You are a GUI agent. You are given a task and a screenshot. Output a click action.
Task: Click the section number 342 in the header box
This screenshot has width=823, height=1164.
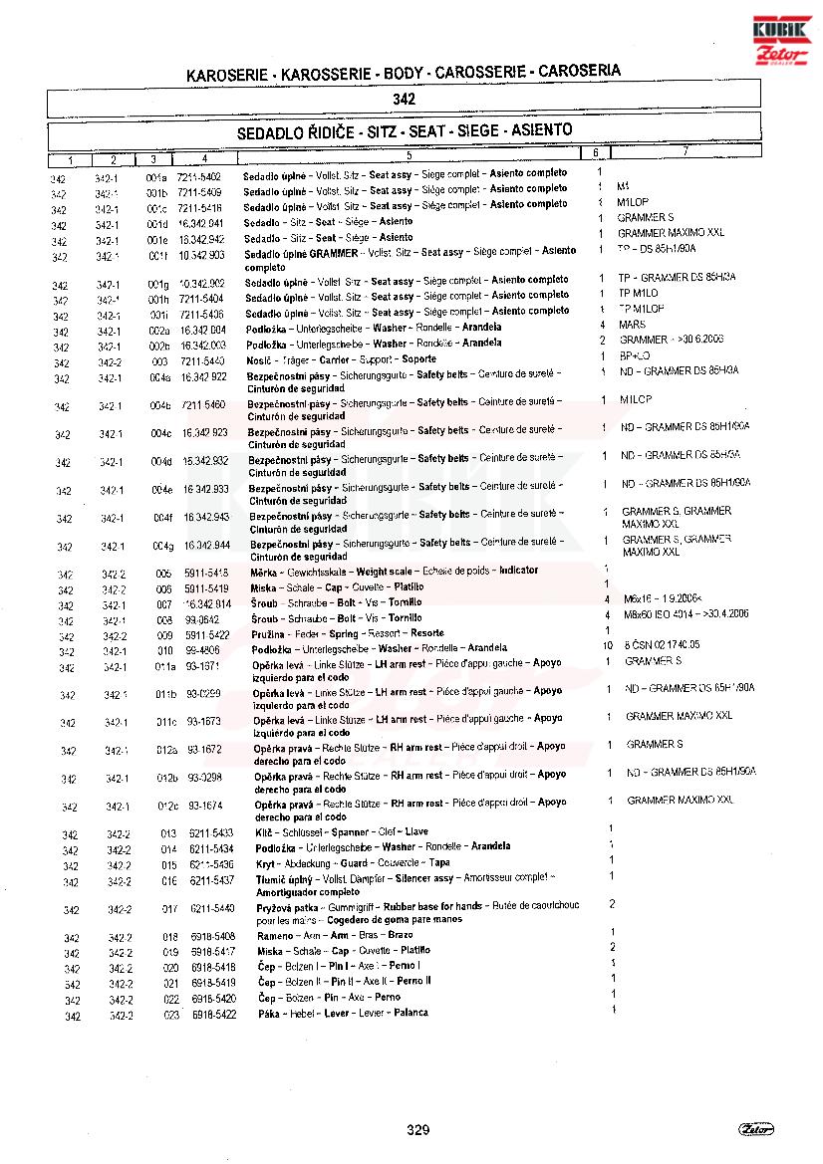(404, 100)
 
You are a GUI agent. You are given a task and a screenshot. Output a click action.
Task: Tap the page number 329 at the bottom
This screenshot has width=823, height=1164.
(417, 1129)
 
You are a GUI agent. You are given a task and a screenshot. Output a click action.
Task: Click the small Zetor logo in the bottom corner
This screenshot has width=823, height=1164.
(757, 1128)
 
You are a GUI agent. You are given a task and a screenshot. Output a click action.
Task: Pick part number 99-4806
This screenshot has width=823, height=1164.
(202, 648)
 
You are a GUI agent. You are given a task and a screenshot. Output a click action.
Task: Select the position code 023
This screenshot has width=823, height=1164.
(171, 1015)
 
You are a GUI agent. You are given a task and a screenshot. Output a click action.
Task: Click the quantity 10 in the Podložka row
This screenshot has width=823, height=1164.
(608, 647)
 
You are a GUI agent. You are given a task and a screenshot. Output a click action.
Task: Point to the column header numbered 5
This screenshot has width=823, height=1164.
(409, 155)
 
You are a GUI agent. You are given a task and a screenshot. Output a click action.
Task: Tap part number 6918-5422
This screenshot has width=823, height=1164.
(213, 1014)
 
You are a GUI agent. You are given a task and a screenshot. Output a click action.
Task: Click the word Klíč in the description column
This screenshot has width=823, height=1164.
(266, 831)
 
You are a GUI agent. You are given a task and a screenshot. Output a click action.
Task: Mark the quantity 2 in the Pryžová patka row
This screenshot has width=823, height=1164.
(612, 903)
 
